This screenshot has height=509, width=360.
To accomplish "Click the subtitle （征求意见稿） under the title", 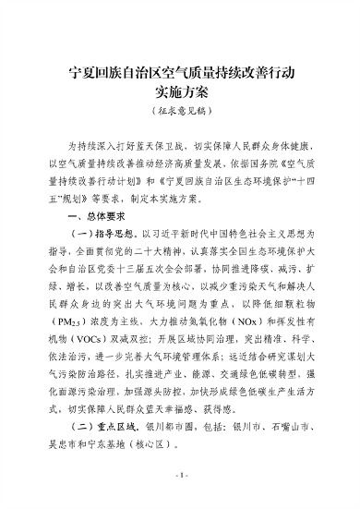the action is tap(180, 112).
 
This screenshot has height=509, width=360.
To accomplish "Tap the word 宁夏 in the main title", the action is tap(84, 71).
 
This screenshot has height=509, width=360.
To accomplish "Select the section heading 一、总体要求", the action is tap(97, 213).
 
